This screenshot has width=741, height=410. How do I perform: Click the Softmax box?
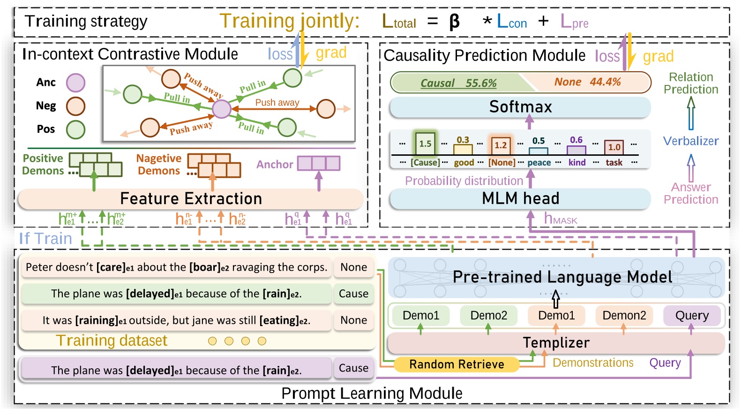520,107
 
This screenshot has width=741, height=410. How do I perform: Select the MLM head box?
520,198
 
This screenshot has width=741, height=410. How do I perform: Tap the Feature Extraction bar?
190,198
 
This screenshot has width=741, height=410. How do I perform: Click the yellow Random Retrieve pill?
456,364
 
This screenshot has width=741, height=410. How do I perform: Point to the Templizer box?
556,343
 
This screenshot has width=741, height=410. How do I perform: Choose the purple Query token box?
691,315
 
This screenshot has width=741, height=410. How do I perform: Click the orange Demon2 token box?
624,315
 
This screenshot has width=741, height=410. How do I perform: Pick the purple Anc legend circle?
75,83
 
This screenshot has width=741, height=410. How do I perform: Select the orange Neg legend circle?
75,106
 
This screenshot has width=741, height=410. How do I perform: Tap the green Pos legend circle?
75,129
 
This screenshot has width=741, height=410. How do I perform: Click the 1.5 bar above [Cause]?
425,144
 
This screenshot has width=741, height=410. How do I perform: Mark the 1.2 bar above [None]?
501,145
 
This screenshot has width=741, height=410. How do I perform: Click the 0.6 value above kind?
576,140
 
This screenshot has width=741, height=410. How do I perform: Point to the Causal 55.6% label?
458,83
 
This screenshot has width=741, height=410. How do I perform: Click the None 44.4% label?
587,82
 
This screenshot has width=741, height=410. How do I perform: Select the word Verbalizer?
690,141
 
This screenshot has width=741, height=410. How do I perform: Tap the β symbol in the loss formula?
454,22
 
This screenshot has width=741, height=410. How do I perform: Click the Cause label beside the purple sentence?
353,368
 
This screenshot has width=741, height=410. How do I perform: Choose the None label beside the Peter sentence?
353,267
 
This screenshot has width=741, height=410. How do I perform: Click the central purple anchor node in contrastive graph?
221,109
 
